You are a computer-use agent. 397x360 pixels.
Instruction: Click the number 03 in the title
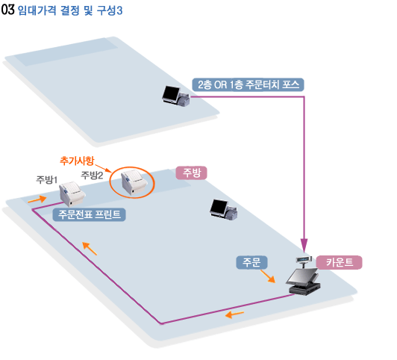pyautogui.click(x=7, y=10)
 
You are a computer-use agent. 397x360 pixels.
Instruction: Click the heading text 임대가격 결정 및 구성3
pyautogui.click(x=70, y=10)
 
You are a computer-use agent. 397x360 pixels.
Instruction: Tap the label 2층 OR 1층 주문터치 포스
pyautogui.click(x=248, y=84)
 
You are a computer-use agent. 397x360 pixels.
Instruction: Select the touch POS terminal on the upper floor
pyautogui.click(x=175, y=96)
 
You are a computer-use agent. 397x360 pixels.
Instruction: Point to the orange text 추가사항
pyautogui.click(x=77, y=161)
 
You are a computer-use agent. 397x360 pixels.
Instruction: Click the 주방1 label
pyautogui.click(x=46, y=179)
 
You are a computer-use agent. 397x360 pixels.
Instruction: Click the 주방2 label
pyautogui.click(x=92, y=175)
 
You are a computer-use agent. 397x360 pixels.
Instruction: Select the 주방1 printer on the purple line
pyautogui.click(x=72, y=193)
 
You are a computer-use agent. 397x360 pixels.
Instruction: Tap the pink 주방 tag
pyautogui.click(x=191, y=173)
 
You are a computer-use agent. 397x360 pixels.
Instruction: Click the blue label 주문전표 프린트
pyautogui.click(x=89, y=214)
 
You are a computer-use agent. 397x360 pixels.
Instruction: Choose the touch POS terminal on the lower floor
pyautogui.click(x=223, y=209)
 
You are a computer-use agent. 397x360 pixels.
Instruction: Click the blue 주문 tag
pyautogui.click(x=251, y=262)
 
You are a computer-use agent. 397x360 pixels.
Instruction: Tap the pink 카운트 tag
pyautogui.click(x=339, y=262)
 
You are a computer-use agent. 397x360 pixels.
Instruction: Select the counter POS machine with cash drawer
pyautogui.click(x=303, y=282)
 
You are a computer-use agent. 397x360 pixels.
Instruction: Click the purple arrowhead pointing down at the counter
pyautogui.click(x=304, y=245)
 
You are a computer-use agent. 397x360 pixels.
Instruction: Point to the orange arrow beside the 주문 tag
pyautogui.click(x=268, y=276)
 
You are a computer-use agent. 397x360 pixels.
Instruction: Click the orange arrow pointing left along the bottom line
pyautogui.click(x=234, y=314)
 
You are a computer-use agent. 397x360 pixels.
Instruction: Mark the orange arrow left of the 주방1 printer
pyautogui.click(x=37, y=199)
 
